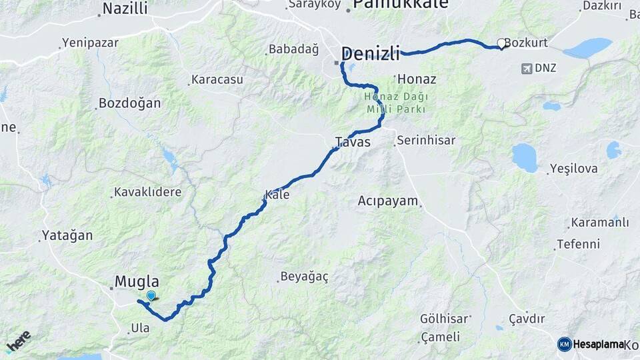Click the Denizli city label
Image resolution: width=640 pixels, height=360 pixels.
tap(371, 53)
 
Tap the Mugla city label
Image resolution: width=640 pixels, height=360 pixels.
tap(137, 281)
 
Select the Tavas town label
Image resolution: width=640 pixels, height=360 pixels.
tap(352, 142)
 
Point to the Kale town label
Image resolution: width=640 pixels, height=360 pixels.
tap(277, 195)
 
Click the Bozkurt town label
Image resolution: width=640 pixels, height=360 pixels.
tap(526, 43)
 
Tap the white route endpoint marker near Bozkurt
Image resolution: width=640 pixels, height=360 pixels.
tap(501, 43)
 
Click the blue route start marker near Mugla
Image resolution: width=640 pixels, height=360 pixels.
tap(151, 296)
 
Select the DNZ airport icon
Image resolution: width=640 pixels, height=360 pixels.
tap(527, 68)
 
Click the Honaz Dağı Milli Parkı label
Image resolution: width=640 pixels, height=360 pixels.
tap(395, 103)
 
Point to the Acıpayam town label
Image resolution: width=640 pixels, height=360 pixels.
tap(387, 201)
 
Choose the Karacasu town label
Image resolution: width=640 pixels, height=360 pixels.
tap(217, 79)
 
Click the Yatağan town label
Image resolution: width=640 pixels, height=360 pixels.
tap(67, 235)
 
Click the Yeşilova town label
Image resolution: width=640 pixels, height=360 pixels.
tap(574, 169)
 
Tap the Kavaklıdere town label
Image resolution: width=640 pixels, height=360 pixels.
tap(148, 192)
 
